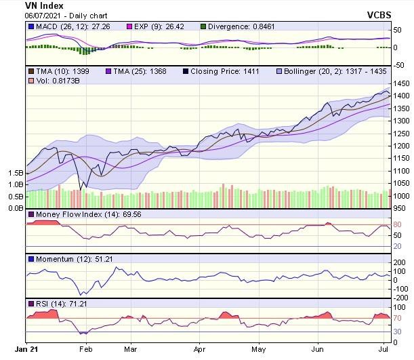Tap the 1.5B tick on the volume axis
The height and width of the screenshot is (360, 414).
click(15, 172)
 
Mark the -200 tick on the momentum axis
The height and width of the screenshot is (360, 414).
click(402, 297)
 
